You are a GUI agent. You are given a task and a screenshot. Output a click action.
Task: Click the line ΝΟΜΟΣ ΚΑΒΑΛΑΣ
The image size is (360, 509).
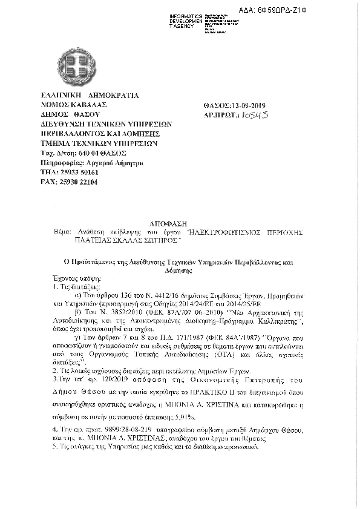click(x=67, y=105)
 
